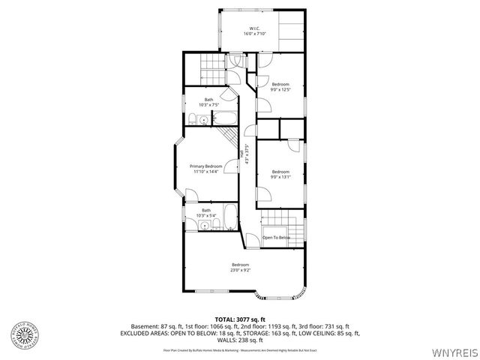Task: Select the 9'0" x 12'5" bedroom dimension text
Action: (280, 89)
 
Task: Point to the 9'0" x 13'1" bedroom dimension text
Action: (280, 176)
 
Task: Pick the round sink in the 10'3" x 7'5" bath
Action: (204, 120)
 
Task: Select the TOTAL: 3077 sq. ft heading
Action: (240, 319)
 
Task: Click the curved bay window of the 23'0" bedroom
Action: (281, 292)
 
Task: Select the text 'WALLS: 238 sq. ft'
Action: (240, 338)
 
